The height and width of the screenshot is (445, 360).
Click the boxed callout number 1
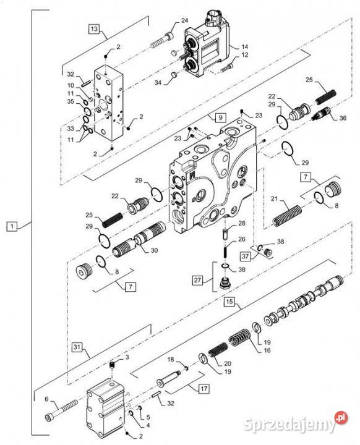coord(12,227)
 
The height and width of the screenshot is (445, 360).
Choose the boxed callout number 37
coord(246,256)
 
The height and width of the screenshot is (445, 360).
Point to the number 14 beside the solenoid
coord(244,46)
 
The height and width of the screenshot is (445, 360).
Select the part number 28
coord(242,222)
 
